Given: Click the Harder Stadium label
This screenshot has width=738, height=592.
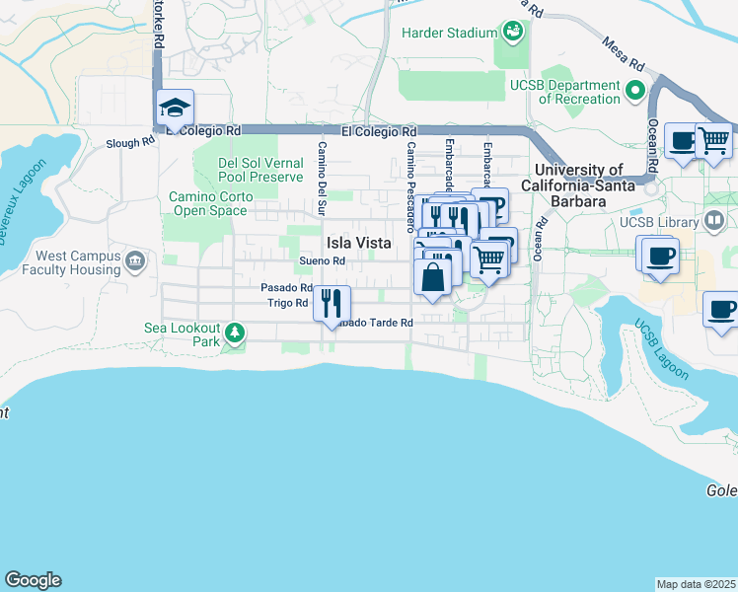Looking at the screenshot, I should (449, 33).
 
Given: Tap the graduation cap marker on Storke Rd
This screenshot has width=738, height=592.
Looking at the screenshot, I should (175, 108).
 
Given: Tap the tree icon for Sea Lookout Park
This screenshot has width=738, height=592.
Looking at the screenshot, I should (235, 333).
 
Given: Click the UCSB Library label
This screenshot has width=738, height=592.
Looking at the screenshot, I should (658, 222).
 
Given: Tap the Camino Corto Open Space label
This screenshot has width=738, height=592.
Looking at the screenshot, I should (211, 203).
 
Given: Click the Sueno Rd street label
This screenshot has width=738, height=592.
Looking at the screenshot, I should (323, 261).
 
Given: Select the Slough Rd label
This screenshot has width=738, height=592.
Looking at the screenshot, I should (130, 142).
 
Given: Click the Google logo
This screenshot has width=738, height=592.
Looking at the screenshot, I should (33, 580).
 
